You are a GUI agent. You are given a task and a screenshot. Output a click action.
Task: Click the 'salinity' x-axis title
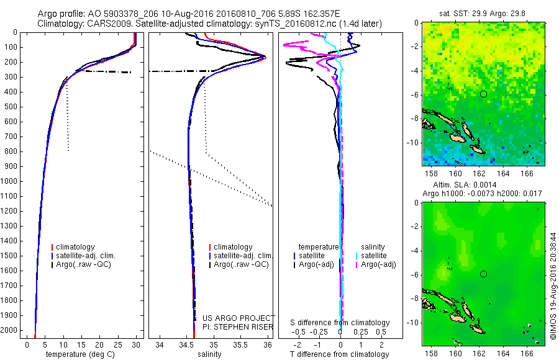click(209, 354)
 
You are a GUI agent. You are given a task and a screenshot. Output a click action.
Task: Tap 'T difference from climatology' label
click(340, 354)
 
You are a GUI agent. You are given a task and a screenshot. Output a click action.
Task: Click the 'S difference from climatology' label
click(340, 323)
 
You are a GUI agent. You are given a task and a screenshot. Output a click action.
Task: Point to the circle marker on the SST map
click(483, 94)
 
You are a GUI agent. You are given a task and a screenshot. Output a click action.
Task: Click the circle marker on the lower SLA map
click(483, 274)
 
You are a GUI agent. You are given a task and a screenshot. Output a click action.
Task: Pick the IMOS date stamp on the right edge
click(553, 279)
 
